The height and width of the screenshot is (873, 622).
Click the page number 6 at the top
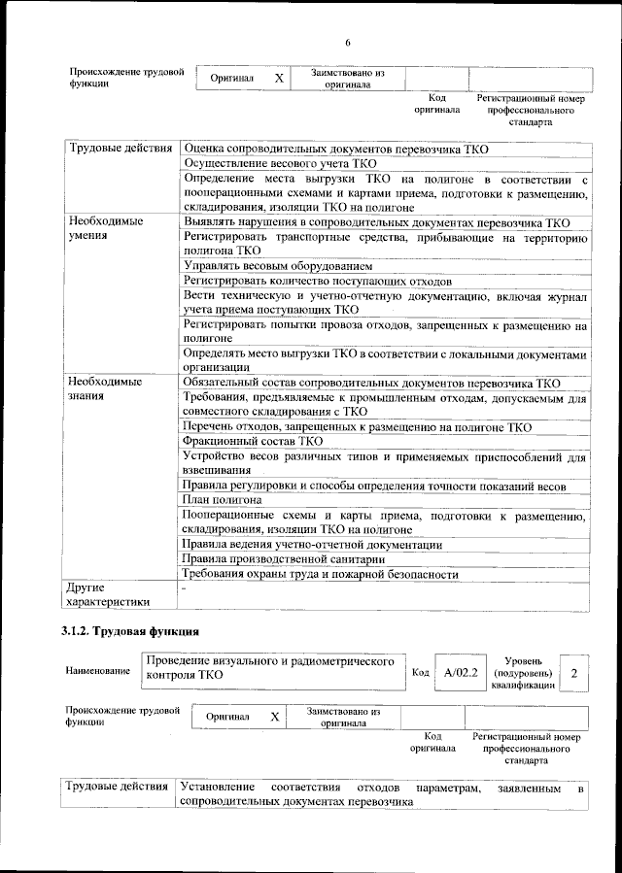pyautogui.click(x=347, y=42)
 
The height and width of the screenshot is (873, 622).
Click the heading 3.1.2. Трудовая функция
pyautogui.click(x=131, y=632)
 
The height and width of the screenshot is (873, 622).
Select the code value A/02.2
pyautogui.click(x=460, y=672)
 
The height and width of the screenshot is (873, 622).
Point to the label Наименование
pyautogui.click(x=98, y=672)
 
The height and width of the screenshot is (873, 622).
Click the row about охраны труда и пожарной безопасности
pyautogui.click(x=320, y=574)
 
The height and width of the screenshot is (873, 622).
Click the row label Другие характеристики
pyautogui.click(x=108, y=594)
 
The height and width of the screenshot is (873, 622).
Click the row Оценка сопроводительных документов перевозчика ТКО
pyautogui.click(x=335, y=149)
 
